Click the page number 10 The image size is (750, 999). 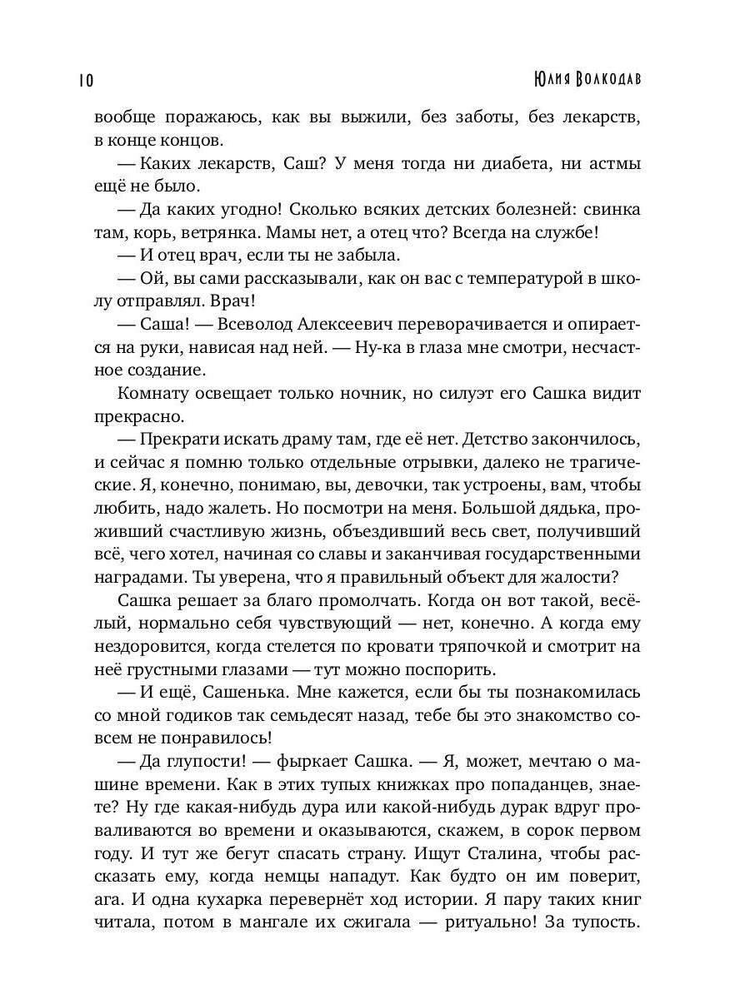85,80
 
